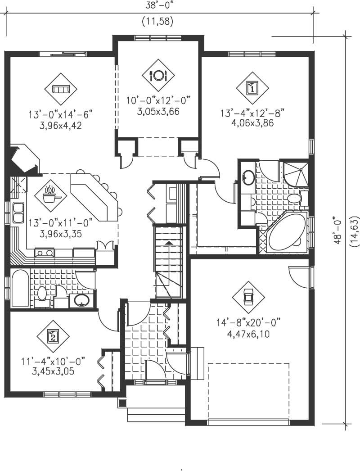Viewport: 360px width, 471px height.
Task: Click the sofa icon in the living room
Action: pos(61,89)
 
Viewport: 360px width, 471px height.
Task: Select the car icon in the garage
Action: pos(248,297)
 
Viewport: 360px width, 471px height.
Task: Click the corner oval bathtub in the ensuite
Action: pos(285,234)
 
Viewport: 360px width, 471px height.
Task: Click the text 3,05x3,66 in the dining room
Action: pos(158,111)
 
